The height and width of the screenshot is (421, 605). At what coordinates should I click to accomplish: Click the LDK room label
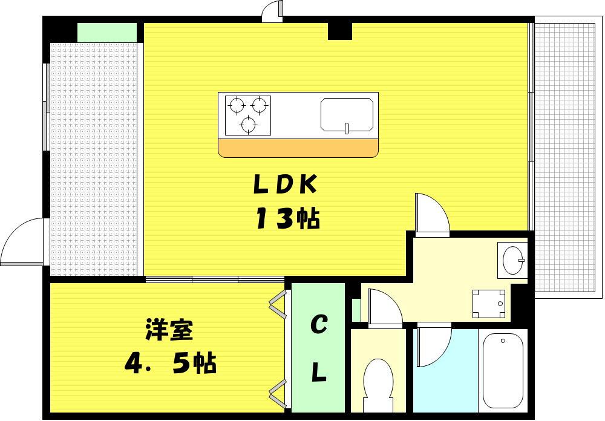285,184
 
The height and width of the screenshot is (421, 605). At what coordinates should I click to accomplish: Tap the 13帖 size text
288,218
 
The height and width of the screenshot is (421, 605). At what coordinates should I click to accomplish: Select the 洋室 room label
169,330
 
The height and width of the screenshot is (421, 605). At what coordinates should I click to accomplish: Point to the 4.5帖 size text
170,362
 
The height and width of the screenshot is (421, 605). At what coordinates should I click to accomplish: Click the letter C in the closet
319,324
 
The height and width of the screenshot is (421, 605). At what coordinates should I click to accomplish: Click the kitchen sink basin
347,114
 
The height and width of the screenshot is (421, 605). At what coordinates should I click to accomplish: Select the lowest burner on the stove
248,124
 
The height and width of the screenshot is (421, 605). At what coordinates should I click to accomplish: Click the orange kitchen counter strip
298,148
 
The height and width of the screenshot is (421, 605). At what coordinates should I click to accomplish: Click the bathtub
503,370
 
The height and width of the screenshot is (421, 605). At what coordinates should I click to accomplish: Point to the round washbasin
514,260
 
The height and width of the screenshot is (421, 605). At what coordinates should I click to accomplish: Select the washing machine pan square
489,304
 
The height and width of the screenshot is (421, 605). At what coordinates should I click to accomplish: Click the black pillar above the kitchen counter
340,31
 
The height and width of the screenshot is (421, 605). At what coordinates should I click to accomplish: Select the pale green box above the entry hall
107,33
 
